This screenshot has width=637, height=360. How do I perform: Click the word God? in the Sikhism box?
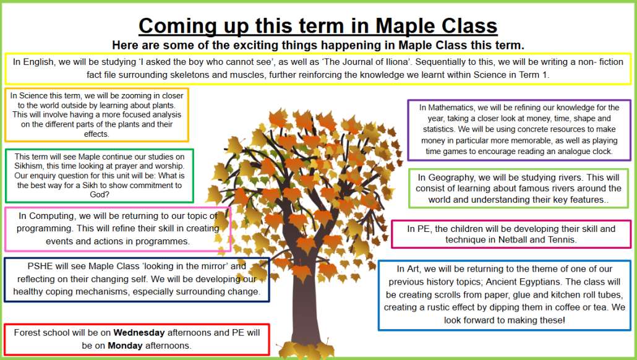click(x=100, y=195)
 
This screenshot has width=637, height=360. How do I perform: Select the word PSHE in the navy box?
click(x=40, y=266)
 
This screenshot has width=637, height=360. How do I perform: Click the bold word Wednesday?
click(x=139, y=333)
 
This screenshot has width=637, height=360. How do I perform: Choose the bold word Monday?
click(x=125, y=346)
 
